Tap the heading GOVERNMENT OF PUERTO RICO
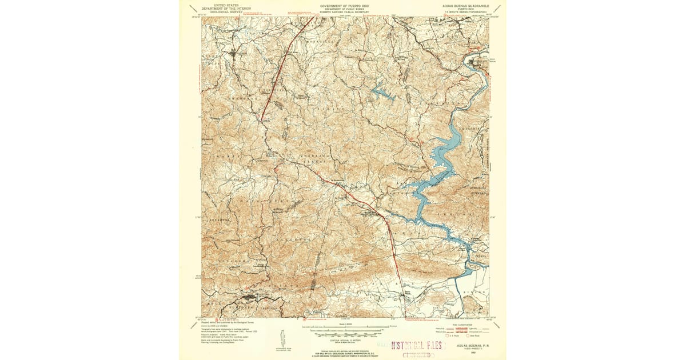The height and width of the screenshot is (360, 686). tap(343, 3)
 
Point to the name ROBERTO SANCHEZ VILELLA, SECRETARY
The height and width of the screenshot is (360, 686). tap(343, 12)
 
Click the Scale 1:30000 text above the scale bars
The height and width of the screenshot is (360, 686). tap(343, 324)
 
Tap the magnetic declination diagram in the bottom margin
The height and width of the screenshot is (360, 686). tap(282, 339)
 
